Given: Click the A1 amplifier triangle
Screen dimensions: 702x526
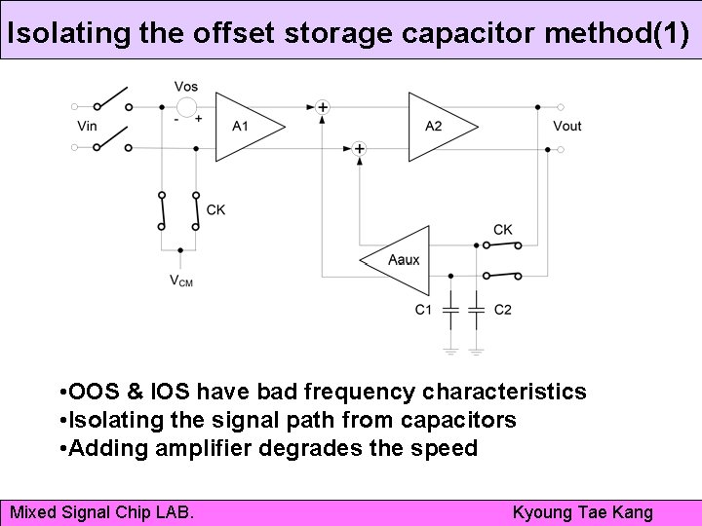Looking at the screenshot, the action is (244, 126).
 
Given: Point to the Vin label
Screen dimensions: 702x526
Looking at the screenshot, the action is (87, 126).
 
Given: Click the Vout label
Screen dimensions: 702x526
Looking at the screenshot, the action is (566, 126).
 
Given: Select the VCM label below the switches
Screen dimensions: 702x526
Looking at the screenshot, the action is (180, 281).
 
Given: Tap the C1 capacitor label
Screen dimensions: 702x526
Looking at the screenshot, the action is (423, 310).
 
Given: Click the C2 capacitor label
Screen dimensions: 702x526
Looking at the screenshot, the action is (503, 310).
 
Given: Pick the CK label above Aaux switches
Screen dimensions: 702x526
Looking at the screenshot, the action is (503, 230).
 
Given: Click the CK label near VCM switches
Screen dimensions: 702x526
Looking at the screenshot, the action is (216, 209).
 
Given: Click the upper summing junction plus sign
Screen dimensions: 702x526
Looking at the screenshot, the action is (323, 106).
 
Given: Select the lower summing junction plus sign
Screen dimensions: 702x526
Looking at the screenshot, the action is (359, 149).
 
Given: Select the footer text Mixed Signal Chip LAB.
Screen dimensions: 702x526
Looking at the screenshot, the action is (101, 511).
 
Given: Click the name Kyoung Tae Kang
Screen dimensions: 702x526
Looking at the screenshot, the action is (582, 511).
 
